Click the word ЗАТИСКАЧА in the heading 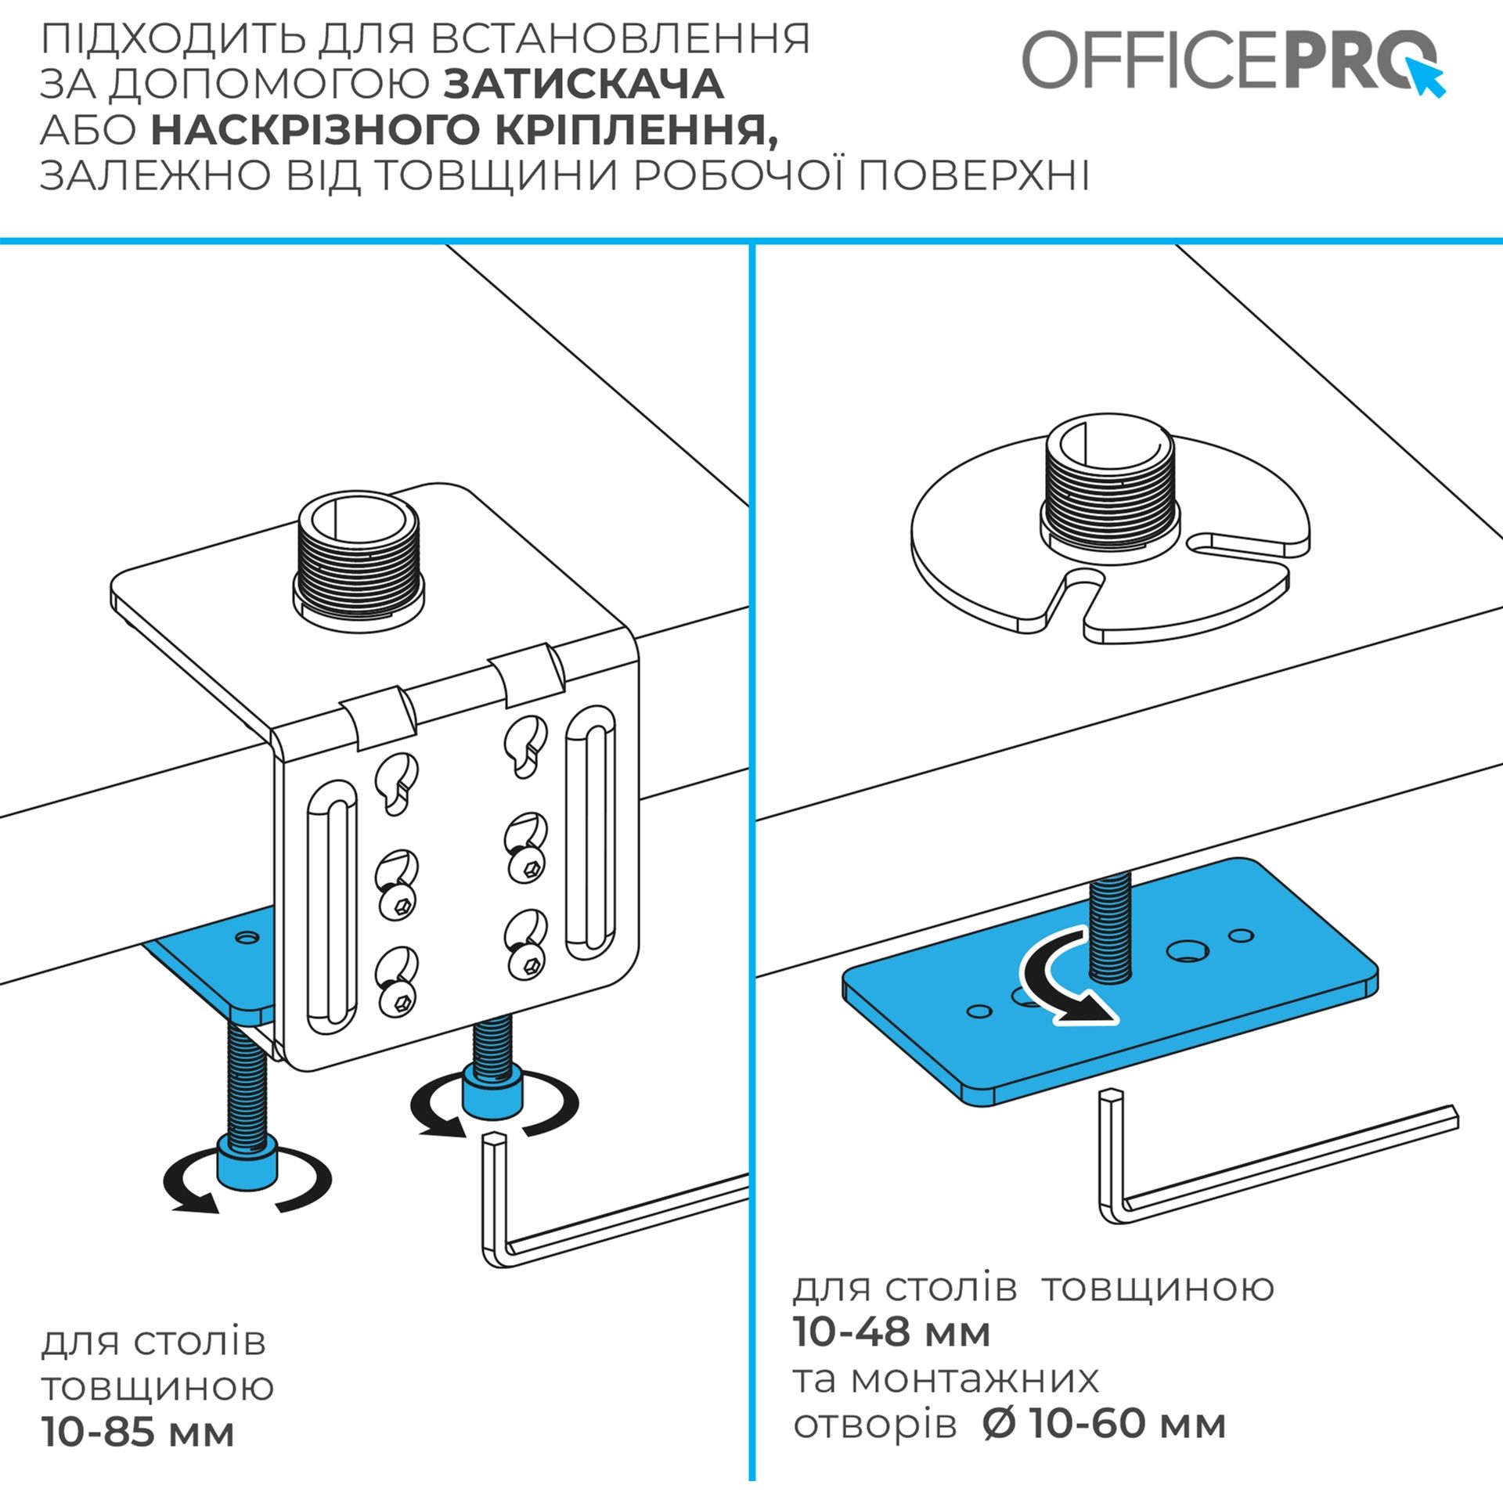584,85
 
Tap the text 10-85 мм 138,1433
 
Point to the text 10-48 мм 892,1332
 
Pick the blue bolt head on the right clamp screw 493,1089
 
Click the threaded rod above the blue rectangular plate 1108,928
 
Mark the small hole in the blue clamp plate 248,936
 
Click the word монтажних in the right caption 975,1379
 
